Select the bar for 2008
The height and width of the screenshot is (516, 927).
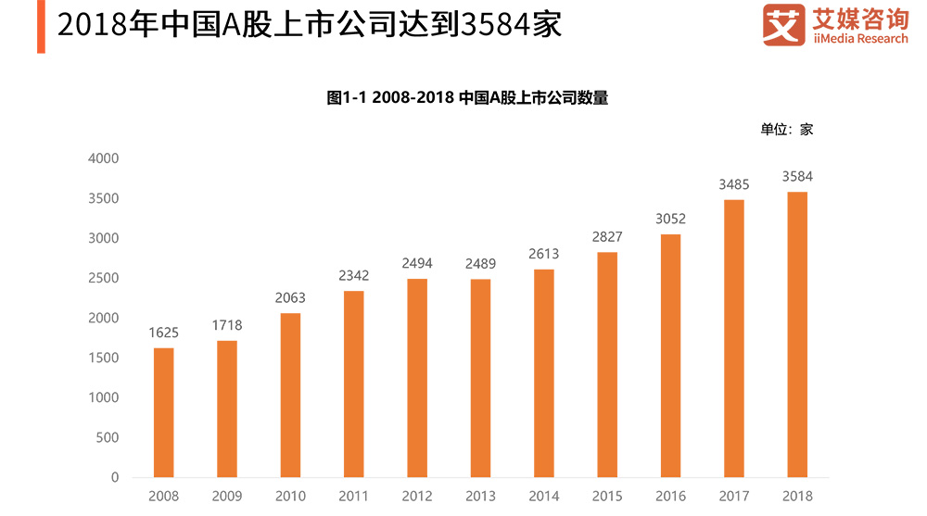[x=164, y=412]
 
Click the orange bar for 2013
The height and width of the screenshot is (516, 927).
[x=480, y=378]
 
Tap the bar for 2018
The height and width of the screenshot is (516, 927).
[x=797, y=334]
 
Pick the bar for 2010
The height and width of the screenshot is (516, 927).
[x=290, y=395]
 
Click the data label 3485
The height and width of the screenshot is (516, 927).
[x=733, y=184]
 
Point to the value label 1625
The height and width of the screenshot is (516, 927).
[x=164, y=333]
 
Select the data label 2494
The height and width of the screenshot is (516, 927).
[x=417, y=263]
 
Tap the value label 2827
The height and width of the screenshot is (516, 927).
[x=607, y=237]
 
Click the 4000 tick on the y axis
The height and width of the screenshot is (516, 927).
[x=103, y=158]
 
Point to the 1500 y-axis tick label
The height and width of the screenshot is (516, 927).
[x=103, y=358]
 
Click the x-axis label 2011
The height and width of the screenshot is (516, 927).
[x=354, y=497]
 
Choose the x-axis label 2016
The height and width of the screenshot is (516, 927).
[x=670, y=497]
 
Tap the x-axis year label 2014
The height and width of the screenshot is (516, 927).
[x=544, y=497]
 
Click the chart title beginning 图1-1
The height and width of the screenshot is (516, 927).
[x=467, y=98]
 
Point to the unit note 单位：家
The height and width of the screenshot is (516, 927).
[x=786, y=130]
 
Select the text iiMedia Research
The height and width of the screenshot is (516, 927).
[x=859, y=39]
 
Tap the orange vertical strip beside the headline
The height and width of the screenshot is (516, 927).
[x=41, y=27]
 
